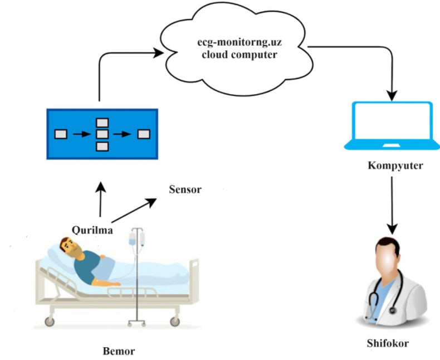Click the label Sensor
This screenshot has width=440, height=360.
pos(185,190)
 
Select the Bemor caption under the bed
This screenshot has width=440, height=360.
pos(119,351)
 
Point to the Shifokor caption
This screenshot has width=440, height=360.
pos(388,343)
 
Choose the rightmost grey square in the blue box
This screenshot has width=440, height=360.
pos(144,134)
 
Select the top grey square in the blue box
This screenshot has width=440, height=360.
pos(102,123)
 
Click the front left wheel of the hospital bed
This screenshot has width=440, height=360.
pos(50,322)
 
